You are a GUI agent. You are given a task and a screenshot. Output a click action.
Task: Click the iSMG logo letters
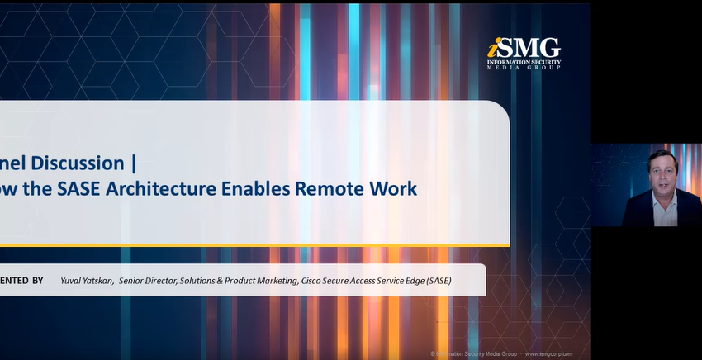(524, 48)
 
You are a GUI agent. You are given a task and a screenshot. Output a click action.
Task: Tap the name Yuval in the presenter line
(73, 281)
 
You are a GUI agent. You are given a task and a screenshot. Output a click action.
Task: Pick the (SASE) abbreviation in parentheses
(437, 281)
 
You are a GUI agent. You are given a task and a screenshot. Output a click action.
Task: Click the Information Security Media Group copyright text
(474, 353)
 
